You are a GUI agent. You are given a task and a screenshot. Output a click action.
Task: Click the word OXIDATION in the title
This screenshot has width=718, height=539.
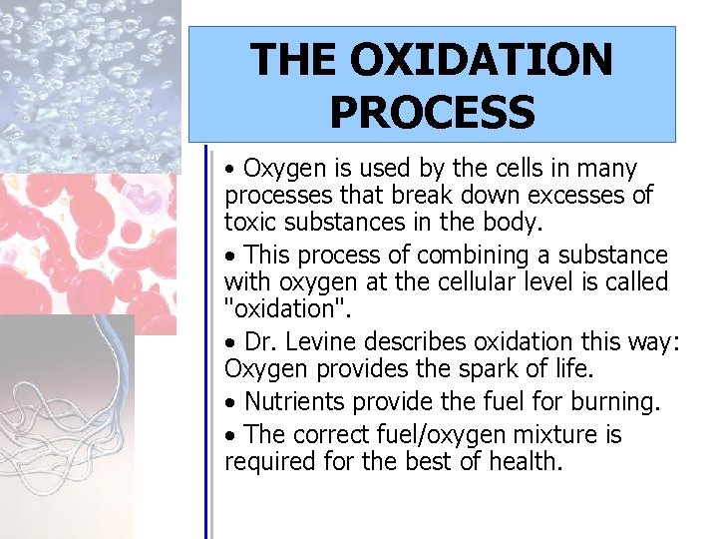(481, 60)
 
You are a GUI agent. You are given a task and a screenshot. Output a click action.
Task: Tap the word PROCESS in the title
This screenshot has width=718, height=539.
(432, 113)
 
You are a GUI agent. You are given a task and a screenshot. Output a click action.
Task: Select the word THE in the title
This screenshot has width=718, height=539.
(292, 60)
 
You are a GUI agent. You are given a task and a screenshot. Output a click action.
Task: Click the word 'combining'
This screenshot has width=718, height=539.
(474, 256)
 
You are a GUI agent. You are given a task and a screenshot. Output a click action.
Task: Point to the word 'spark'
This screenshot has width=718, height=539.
(458, 369)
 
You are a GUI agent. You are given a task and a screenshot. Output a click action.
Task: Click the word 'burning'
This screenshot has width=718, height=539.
(614, 402)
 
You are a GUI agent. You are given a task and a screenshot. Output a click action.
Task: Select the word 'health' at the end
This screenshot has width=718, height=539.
(523, 462)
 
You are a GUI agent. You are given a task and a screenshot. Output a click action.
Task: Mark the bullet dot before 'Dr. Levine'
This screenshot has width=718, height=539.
(231, 343)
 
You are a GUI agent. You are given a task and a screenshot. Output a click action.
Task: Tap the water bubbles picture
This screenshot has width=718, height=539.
(90, 80)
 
